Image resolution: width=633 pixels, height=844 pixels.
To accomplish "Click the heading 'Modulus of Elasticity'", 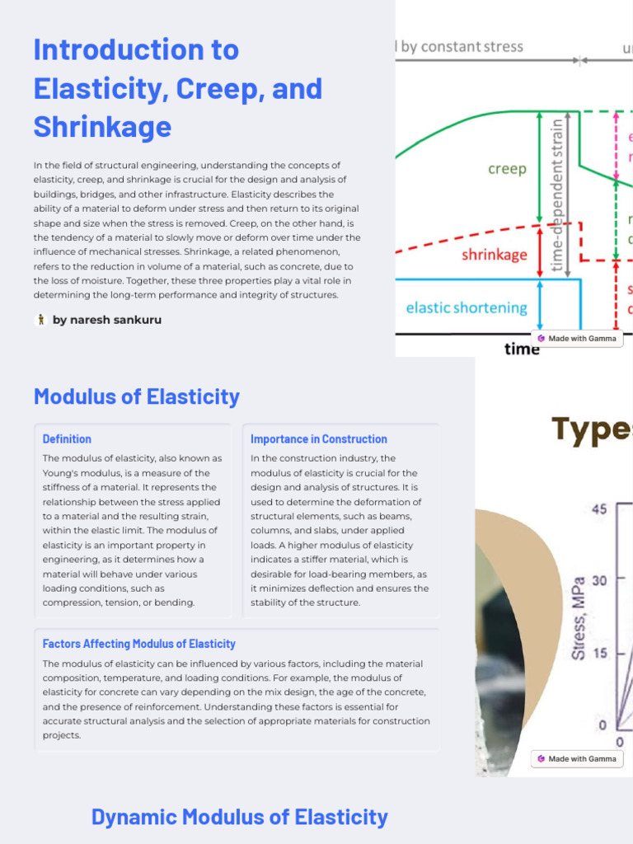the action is coord(137,396).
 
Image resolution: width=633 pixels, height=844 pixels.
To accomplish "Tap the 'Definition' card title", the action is coord(67,439).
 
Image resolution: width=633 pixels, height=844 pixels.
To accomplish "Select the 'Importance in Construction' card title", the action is coord(318,439).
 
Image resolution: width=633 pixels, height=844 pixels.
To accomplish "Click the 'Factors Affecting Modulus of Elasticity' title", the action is coord(139,644).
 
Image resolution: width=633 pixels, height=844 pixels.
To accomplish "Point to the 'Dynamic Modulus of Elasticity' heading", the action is coord(239,817).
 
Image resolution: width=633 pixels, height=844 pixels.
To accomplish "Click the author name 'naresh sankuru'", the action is coord(107,320).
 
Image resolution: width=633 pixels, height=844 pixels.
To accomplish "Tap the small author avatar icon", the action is coord(40,320).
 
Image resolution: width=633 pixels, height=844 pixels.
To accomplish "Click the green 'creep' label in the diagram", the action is coord(507,169).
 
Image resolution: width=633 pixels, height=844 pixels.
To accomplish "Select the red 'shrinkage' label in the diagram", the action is coord(494,255).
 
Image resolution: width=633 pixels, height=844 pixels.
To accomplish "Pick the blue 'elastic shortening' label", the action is coord(467,307).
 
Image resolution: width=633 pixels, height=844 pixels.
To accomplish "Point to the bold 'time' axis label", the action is coord(522,349).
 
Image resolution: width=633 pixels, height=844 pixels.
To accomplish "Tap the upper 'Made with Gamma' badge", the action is coord(577,338).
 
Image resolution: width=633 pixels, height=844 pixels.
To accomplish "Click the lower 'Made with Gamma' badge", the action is coord(577,758).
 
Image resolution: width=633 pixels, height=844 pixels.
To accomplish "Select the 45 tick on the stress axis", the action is coord(599,509).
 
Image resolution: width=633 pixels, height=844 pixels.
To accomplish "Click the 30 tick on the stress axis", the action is coord(599,580).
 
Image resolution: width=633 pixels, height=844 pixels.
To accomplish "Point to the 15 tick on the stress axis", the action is coord(599,653).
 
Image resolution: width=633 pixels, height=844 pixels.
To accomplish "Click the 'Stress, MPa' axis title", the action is coord(579,618).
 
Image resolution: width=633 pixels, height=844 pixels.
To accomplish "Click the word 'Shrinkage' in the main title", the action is coord(102,127).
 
